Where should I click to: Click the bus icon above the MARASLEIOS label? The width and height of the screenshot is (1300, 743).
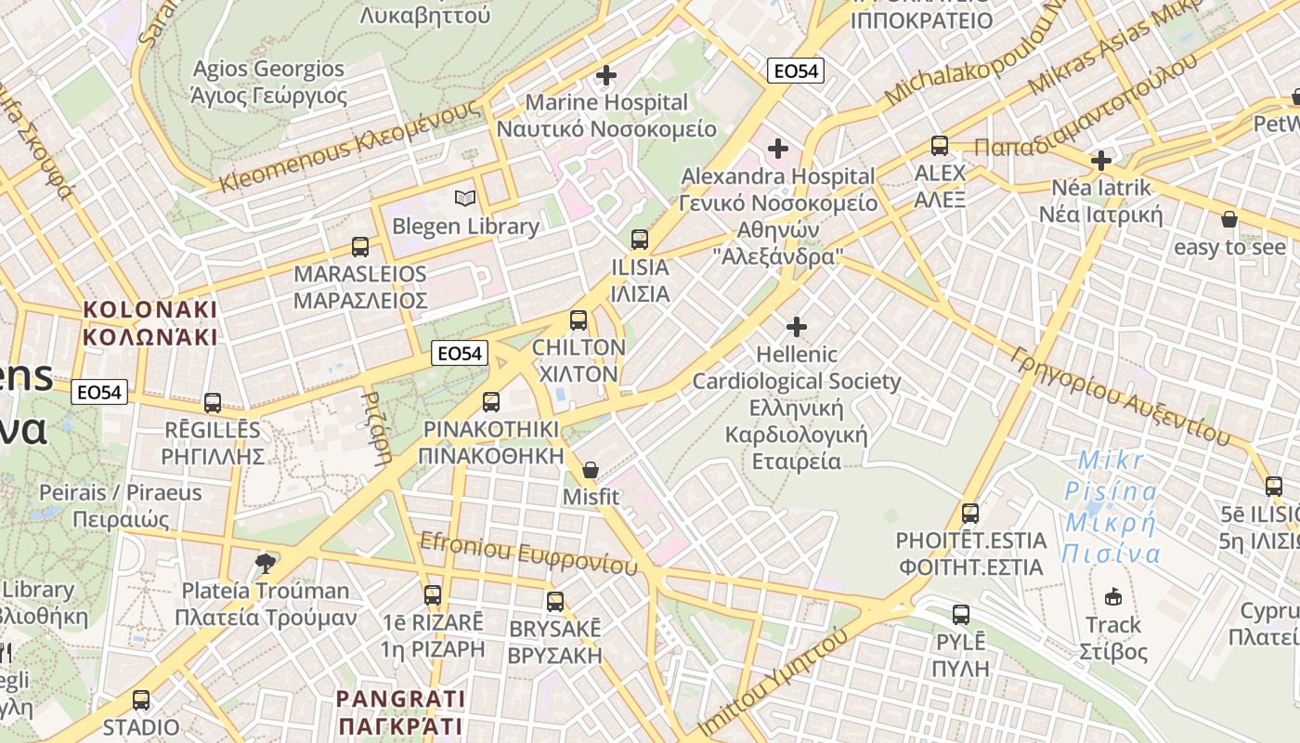pyautogui.click(x=360, y=247)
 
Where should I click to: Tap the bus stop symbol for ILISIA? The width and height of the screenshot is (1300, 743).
pyautogui.click(x=639, y=240)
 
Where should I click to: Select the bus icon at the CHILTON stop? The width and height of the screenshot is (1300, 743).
pyautogui.click(x=578, y=320)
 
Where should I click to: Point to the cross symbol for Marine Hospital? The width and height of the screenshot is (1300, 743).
pyautogui.click(x=606, y=75)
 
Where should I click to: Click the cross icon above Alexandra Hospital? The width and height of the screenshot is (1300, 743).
pyautogui.click(x=778, y=149)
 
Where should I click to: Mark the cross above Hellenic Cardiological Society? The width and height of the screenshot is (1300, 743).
pyautogui.click(x=797, y=327)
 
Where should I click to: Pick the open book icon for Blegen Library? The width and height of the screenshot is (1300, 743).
pyautogui.click(x=465, y=199)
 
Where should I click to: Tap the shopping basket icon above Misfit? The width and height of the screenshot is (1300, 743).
pyautogui.click(x=591, y=471)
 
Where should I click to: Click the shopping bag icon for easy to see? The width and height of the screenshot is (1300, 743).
pyautogui.click(x=1229, y=220)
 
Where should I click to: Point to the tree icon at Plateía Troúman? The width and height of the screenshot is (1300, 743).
pyautogui.click(x=266, y=562)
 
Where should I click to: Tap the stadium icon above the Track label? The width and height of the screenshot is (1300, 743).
pyautogui.click(x=1113, y=596)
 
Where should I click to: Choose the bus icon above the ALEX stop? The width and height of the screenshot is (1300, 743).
pyautogui.click(x=940, y=146)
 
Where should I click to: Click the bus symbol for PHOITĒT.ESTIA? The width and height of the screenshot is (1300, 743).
pyautogui.click(x=970, y=513)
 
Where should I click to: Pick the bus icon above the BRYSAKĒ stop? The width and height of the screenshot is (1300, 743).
pyautogui.click(x=555, y=602)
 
